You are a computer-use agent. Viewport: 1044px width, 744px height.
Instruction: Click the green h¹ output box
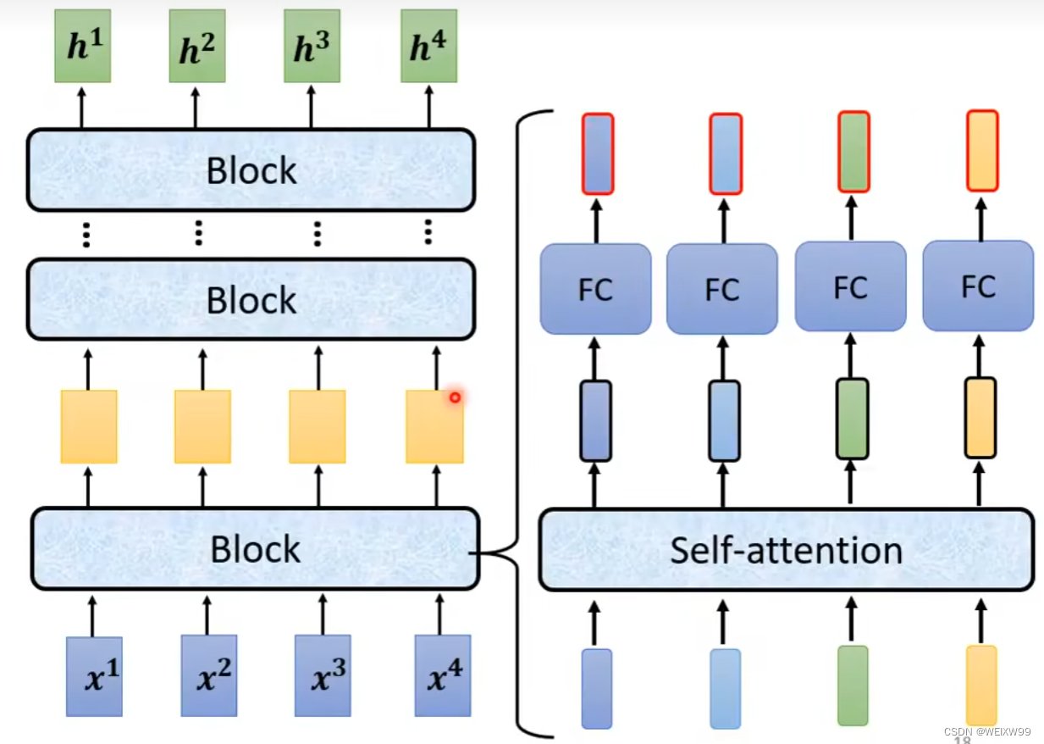pos(83,47)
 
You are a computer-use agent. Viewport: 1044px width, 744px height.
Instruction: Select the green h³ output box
pos(312,47)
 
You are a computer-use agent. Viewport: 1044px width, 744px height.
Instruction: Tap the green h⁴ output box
pos(428,47)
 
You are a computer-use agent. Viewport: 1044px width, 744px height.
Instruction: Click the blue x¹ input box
pos(94,676)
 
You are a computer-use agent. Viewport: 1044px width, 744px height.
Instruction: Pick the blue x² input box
pos(208,676)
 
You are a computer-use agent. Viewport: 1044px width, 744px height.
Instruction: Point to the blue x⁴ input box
pos(442,676)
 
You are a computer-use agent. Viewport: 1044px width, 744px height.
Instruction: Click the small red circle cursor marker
pos(455,397)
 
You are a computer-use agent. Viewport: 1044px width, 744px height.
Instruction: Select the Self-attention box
pos(786,550)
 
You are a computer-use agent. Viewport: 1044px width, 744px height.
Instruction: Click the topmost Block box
pos(251,169)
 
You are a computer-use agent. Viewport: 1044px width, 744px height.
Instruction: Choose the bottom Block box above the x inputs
pos(255,548)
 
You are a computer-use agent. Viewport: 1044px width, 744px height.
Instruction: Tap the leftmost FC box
pos(595,289)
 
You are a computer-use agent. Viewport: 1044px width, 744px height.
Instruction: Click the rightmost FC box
pos(978,286)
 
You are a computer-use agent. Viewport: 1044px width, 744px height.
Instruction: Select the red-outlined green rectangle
pos(853,152)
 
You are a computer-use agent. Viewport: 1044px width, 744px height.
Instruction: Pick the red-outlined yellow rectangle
pos(982,151)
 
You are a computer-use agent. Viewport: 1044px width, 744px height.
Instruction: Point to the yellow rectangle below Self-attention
pos(981,685)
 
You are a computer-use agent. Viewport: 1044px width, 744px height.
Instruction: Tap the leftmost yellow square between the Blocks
pos(89,426)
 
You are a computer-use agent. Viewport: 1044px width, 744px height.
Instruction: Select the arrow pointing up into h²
pos(196,105)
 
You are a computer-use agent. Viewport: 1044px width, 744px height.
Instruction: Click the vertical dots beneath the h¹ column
pos(86,234)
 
